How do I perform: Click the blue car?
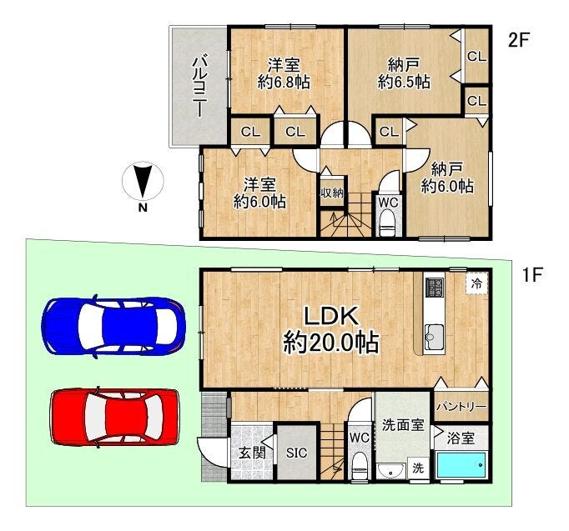[113, 326]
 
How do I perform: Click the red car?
[115, 418]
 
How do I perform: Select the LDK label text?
[331, 316]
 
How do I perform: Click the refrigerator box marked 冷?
[476, 283]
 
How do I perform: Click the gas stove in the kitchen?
[435, 287]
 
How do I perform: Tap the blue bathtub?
[461, 465]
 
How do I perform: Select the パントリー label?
[461, 406]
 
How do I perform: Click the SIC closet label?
[296, 453]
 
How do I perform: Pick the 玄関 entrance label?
[252, 453]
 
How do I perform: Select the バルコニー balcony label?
[199, 86]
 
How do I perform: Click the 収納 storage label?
[331, 193]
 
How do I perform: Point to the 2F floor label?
[519, 40]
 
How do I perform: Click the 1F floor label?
[531, 275]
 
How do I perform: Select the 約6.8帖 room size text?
[284, 83]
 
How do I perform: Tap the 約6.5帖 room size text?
[404, 82]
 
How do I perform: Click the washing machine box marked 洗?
[418, 468]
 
